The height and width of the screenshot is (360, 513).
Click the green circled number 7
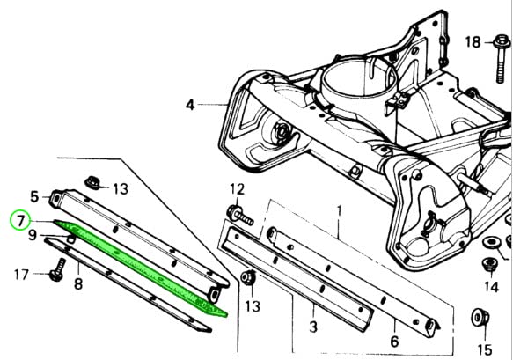click(18, 219)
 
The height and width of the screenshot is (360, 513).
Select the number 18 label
click(473, 42)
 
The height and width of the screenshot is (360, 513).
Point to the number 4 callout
click(189, 105)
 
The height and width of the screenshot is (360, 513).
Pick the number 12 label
click(238, 189)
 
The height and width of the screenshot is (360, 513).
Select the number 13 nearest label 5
click(120, 187)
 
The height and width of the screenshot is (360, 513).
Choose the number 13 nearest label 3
click(253, 306)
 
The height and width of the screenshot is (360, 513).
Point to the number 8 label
click(77, 283)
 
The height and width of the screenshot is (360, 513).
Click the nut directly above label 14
click(488, 263)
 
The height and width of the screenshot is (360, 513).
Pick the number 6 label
click(394, 341)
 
